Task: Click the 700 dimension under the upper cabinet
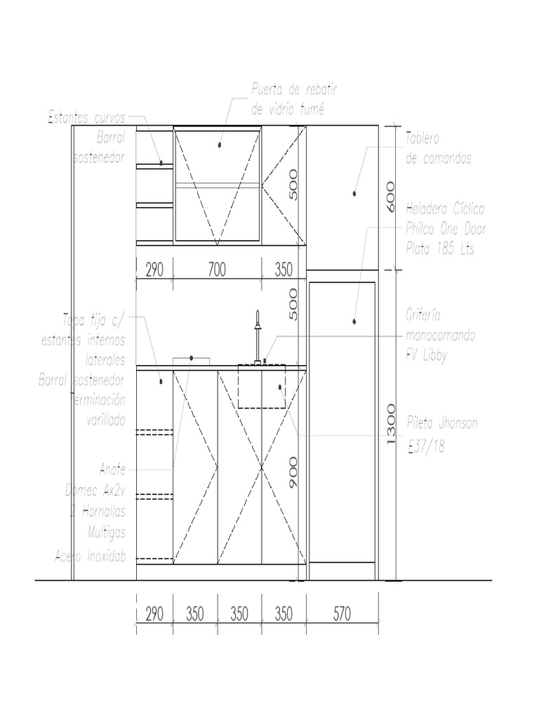[x=217, y=270]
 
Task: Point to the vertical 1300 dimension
[x=391, y=424]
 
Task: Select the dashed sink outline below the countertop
[x=261, y=386]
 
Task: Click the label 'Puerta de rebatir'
[x=294, y=91]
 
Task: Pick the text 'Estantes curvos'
[x=86, y=118]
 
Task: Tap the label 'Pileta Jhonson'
[x=442, y=423]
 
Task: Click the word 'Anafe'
[x=112, y=468]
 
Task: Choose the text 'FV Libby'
[x=426, y=355]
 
